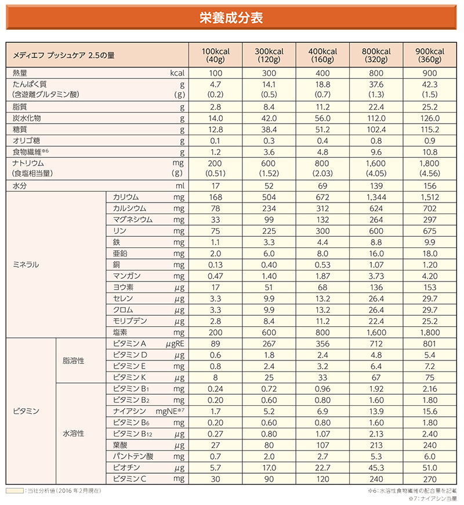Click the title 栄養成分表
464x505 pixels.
[x=231, y=18]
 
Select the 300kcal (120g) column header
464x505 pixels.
[x=269, y=55]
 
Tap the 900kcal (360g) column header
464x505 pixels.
[x=430, y=55]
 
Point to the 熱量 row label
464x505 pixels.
[x=21, y=73]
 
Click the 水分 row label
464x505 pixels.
[x=21, y=186]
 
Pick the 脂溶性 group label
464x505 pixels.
[x=74, y=360]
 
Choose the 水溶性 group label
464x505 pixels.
[x=74, y=433]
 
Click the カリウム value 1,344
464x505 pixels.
[x=376, y=197]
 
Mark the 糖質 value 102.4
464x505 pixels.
[x=376, y=129]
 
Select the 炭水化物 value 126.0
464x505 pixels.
[x=430, y=118]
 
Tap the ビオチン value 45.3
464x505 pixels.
[x=376, y=468]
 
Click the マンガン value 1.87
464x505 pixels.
[x=322, y=276]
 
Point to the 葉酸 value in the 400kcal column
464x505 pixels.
[x=322, y=445]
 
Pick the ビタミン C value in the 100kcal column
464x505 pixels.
[x=215, y=479]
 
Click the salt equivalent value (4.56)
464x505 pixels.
[x=430, y=173]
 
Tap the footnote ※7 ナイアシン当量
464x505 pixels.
[x=433, y=499]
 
